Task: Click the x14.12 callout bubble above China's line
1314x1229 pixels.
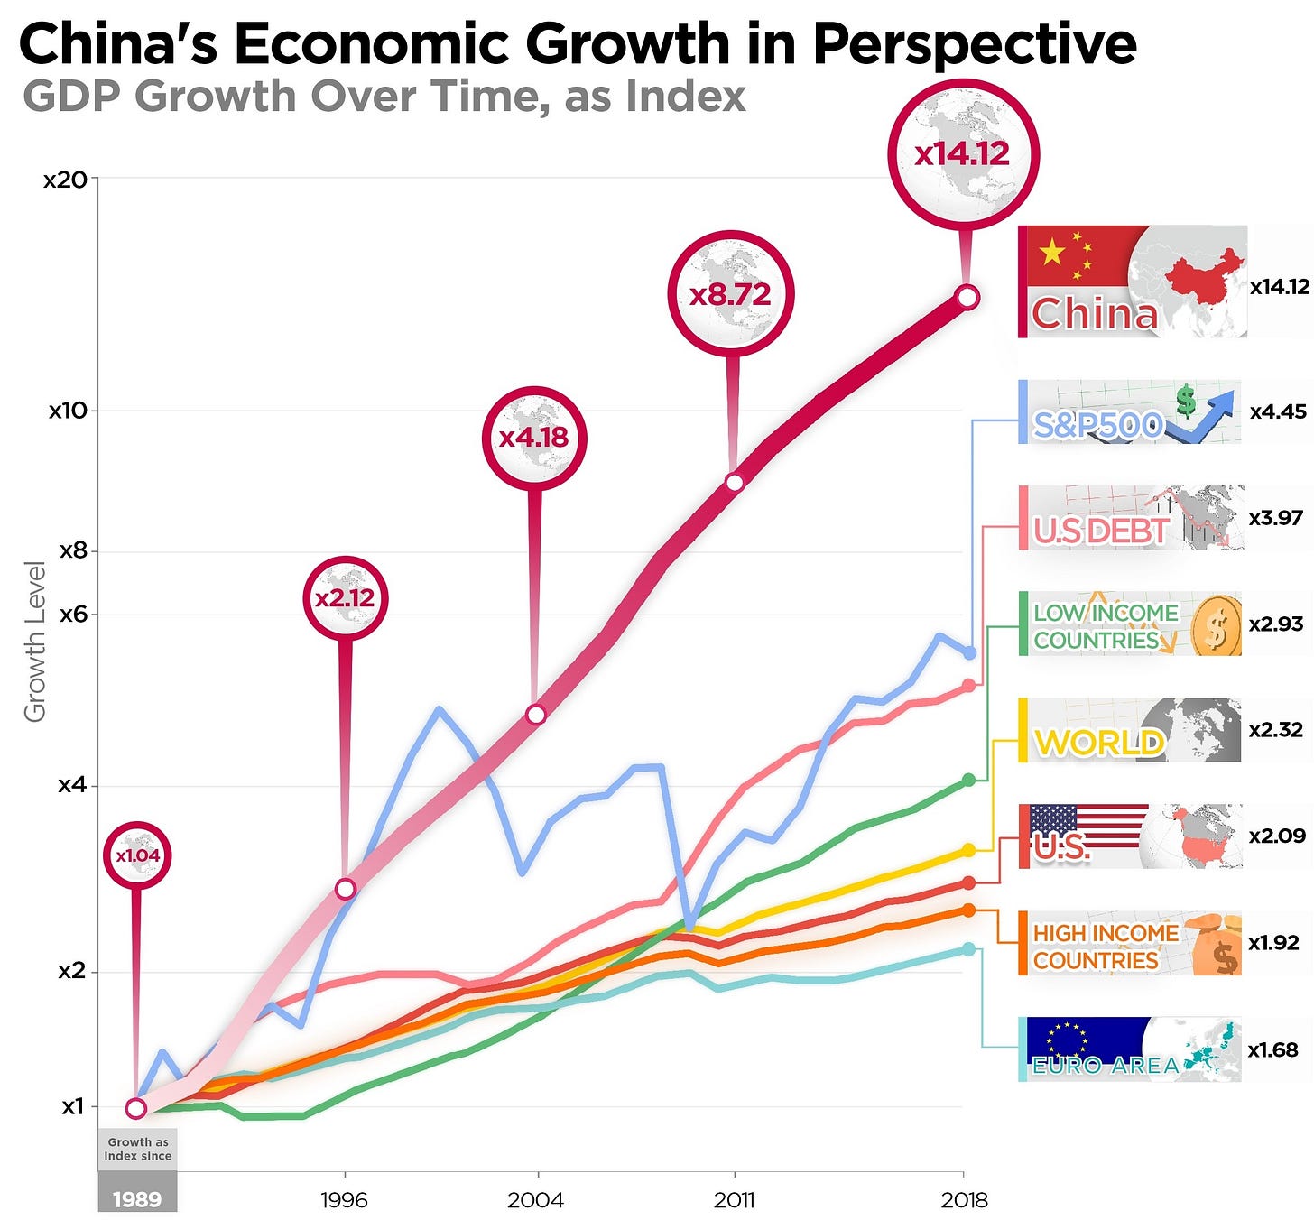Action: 963,154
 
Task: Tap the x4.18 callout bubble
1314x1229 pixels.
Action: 534,439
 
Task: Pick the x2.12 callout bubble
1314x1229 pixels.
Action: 345,598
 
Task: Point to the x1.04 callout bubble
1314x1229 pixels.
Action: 137,855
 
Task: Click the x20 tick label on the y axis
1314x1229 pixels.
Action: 66,180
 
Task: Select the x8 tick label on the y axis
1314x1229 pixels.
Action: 73,550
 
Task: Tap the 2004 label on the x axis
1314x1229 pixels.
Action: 535,1200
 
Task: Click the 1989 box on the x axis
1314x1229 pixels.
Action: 137,1199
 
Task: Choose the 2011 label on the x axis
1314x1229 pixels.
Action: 734,1200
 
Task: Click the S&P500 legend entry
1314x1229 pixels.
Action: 1130,412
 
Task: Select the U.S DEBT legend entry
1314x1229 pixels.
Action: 1130,519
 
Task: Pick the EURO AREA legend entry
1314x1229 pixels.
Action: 1130,1049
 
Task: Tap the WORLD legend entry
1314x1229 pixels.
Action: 1130,730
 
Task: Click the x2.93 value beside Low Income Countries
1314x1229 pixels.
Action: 1276,624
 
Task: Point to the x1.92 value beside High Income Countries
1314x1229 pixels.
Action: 1273,943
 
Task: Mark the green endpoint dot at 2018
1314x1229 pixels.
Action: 968,780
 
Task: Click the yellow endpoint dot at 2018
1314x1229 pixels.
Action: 968,850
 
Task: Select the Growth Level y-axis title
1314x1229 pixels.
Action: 35,642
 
